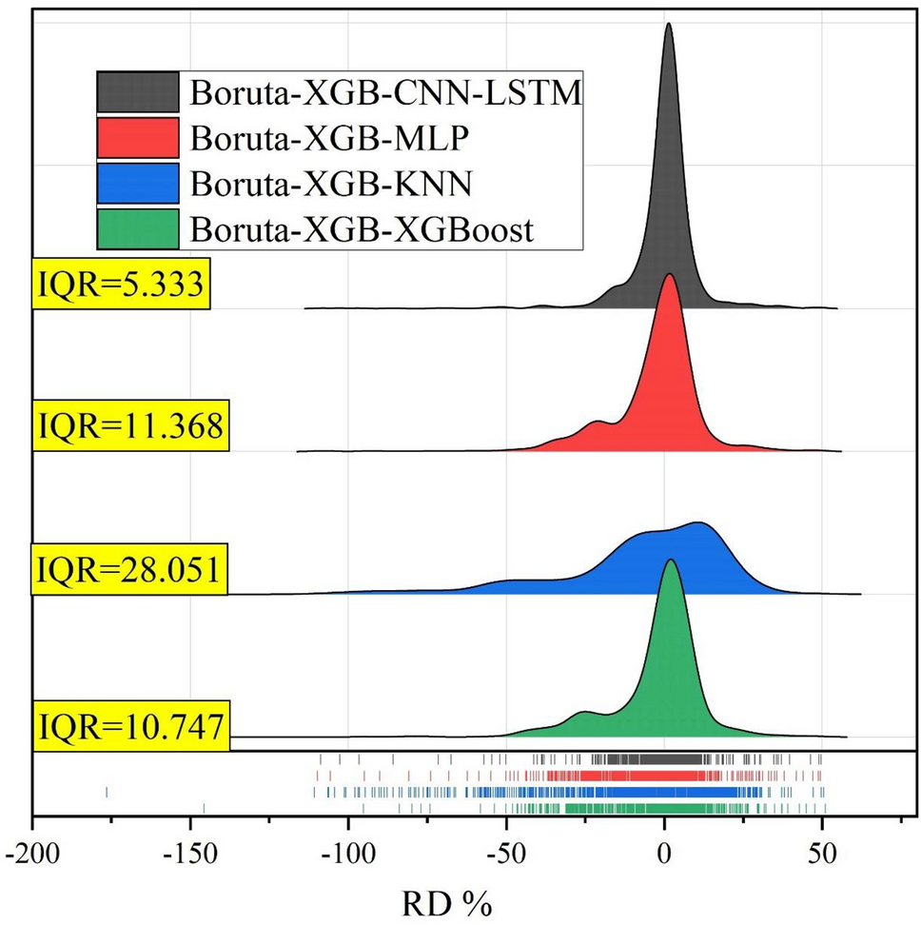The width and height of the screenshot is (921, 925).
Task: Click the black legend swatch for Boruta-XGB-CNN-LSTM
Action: (x=137, y=93)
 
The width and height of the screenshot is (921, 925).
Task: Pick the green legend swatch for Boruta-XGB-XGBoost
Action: (x=137, y=229)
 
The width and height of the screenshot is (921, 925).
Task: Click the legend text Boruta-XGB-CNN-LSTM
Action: (x=385, y=93)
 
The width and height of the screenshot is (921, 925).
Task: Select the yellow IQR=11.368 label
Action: (x=130, y=426)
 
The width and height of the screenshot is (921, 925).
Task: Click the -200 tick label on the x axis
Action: (x=33, y=850)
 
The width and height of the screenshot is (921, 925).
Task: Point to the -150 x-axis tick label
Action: (x=190, y=850)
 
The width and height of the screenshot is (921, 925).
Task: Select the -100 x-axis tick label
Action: (x=348, y=850)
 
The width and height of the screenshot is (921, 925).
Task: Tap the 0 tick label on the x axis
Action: (x=664, y=850)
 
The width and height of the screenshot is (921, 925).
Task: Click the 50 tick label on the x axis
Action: (x=822, y=850)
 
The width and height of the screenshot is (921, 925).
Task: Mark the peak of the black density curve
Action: (x=668, y=24)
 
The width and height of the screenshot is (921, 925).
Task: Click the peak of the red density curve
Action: (x=670, y=275)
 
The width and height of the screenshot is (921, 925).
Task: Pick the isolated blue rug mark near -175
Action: (x=107, y=792)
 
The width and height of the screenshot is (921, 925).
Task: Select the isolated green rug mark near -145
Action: (x=204, y=808)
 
